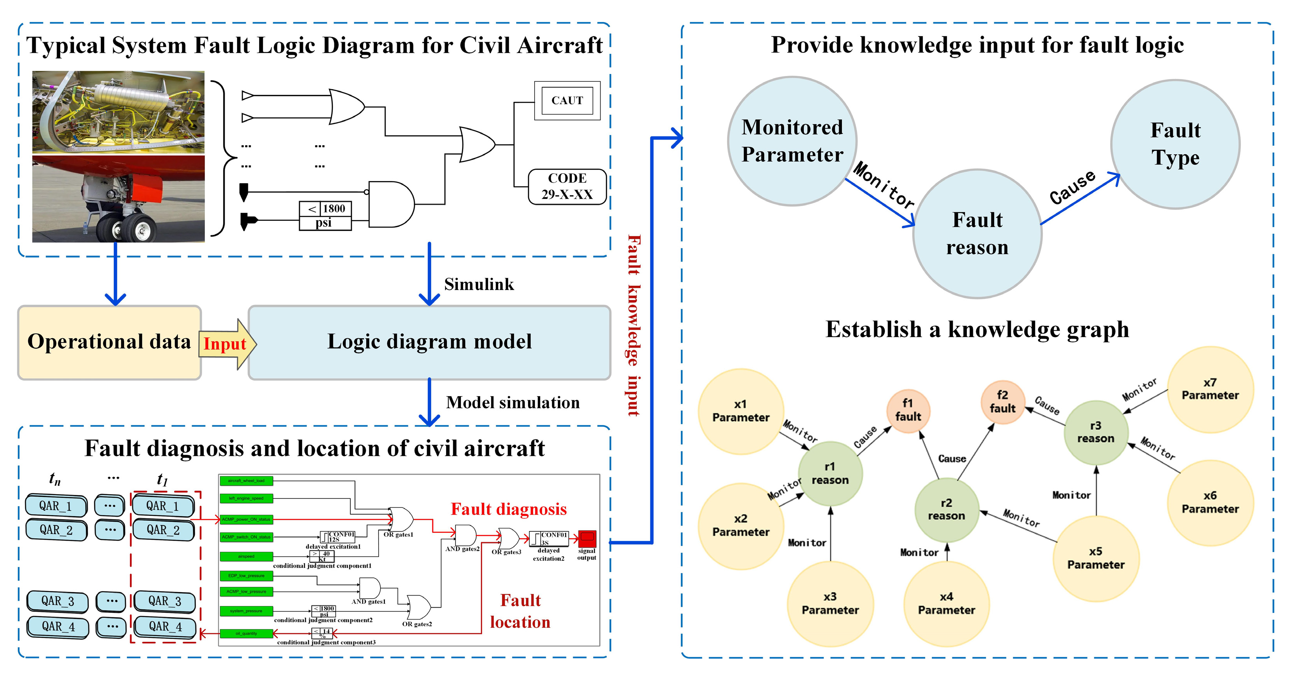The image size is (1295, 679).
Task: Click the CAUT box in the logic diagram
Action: coord(567,100)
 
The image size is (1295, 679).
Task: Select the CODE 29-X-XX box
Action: coord(567,186)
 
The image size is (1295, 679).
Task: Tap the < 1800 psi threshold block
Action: coord(325,215)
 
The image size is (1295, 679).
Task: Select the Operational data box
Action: coord(109,342)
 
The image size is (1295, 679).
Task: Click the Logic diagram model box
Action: coord(429,342)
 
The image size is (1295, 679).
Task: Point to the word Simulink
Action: coord(479,284)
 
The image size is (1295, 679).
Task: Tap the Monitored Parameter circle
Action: coord(792,141)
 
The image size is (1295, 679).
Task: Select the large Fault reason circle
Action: coord(977,234)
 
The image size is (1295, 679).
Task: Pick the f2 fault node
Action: coord(1002,402)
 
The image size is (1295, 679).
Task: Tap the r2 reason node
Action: coord(946,509)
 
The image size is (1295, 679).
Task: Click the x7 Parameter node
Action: coord(1210,389)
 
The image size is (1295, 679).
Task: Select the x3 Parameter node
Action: coord(829,603)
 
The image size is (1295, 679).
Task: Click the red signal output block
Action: coord(587,538)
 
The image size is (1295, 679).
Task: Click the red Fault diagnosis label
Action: coord(508,509)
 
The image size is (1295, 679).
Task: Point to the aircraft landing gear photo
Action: coord(118,199)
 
